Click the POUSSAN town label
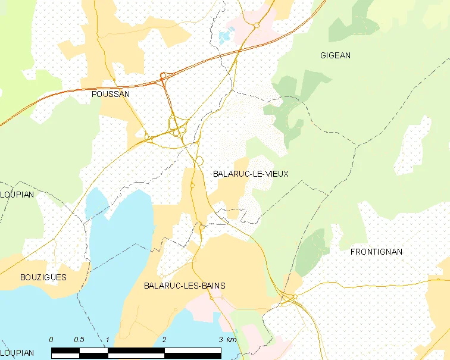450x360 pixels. point(111,94)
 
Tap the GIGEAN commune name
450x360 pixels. point(335,55)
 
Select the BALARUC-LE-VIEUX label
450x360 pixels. point(250,174)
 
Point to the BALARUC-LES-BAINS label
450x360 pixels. point(185,286)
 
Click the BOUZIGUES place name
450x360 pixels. point(43,277)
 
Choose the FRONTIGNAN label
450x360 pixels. point(376,252)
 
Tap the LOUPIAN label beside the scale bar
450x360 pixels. point(17,353)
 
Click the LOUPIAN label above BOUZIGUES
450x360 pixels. point(17,195)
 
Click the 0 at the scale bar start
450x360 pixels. point(51,340)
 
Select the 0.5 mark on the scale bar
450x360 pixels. point(79,340)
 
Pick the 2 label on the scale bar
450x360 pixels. point(164,340)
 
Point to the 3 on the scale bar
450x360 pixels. point(220,340)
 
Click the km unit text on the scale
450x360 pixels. point(232,340)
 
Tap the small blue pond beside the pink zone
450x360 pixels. point(224,37)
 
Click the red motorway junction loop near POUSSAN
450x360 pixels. point(164,77)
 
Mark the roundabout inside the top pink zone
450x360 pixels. point(255,26)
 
